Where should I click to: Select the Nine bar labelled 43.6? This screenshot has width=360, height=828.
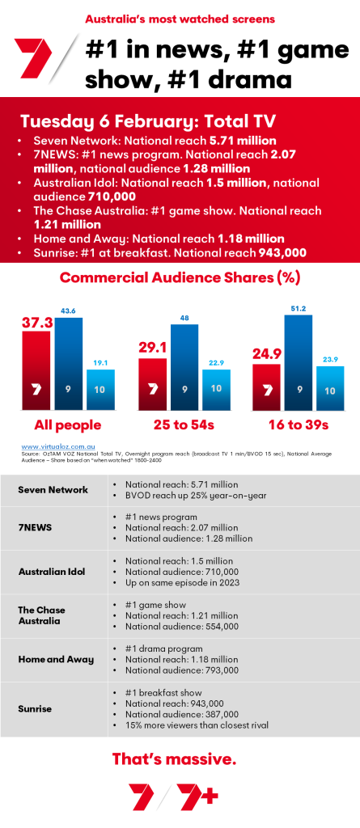pos(68,364)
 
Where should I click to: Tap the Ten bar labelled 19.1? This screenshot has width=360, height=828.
pos(100,390)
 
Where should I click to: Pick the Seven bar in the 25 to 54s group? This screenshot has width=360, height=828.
pos(153,384)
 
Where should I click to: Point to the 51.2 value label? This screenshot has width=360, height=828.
pos(299,307)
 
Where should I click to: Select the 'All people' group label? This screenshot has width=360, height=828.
pos(68,425)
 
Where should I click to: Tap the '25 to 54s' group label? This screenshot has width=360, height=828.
pos(184,425)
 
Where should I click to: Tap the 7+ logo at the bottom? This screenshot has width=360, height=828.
pos(200,797)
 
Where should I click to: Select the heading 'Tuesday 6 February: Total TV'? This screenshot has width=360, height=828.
pos(148,121)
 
